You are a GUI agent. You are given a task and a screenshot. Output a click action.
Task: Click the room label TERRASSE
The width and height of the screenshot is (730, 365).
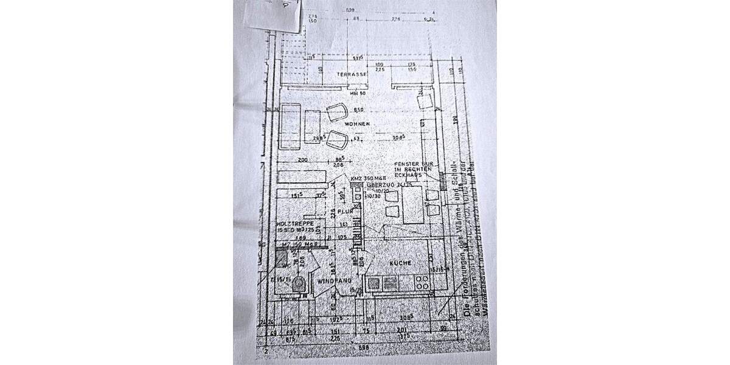tap(354, 74)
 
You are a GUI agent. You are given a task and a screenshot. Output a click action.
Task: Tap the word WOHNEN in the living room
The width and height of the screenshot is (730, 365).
tap(358, 124)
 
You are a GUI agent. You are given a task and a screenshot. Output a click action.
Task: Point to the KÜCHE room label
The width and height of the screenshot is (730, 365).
tap(401, 263)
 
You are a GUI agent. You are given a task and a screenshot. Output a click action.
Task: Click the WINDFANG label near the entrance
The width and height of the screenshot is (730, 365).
tap(332, 282)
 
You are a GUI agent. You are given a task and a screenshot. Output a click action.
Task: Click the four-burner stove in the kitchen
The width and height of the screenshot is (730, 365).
tap(423, 282)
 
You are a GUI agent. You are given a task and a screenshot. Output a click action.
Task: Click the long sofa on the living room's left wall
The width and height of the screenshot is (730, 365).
tap(289, 128)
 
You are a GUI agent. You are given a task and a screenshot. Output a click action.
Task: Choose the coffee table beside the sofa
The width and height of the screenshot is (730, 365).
tap(313, 126)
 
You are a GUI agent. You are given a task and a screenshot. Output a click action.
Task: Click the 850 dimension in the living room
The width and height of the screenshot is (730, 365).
tap(358, 110)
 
